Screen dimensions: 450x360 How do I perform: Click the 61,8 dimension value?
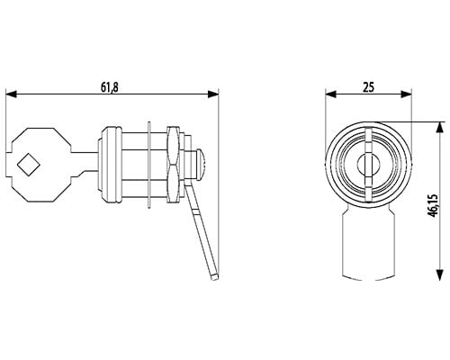click(x=110, y=87)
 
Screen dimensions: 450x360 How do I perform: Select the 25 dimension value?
click(x=369, y=87)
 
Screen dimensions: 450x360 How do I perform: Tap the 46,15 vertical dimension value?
click(x=434, y=205)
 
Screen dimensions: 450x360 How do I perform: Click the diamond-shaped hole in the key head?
click(x=29, y=165)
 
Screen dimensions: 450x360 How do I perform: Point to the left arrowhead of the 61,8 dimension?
click(x=11, y=94)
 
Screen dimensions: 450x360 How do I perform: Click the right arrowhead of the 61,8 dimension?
click(x=213, y=94)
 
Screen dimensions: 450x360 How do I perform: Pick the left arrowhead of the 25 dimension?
click(x=330, y=94)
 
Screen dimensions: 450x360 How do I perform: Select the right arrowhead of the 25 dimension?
click(x=406, y=94)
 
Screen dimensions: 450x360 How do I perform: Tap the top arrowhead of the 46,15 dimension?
click(x=439, y=127)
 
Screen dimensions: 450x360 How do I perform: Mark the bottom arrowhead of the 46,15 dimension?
click(x=439, y=275)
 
